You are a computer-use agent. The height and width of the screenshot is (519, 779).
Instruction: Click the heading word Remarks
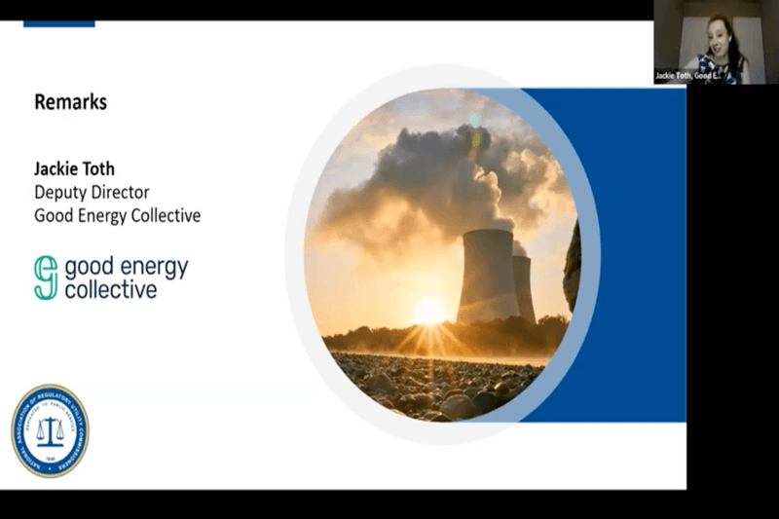(x=70, y=101)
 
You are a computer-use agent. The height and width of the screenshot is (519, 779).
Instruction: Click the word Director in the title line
(x=122, y=192)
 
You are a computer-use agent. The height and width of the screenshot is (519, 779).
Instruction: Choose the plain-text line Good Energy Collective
(x=117, y=215)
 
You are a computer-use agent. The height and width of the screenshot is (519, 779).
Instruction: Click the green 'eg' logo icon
(x=47, y=278)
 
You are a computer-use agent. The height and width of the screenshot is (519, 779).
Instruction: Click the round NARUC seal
(x=50, y=430)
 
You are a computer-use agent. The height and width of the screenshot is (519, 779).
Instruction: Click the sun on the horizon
(x=429, y=313)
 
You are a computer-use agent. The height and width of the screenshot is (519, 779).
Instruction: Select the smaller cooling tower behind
(x=524, y=287)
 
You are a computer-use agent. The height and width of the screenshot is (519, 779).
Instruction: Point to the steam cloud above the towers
(x=419, y=185)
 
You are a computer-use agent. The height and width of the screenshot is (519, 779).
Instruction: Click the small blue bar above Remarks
(x=59, y=23)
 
